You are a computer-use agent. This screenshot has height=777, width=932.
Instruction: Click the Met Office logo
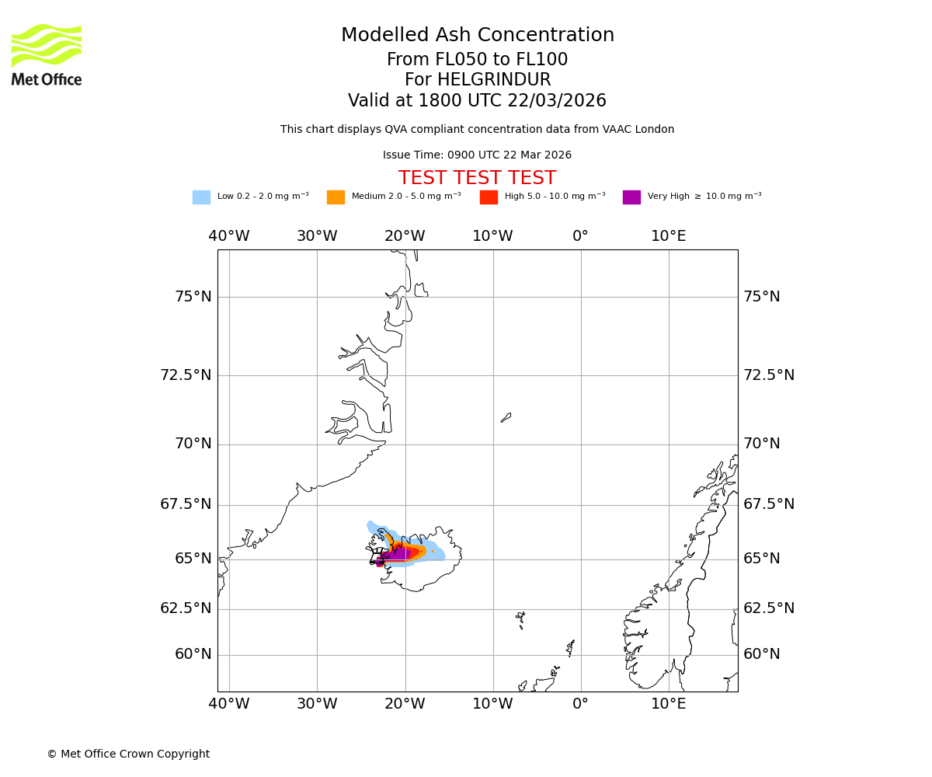47,54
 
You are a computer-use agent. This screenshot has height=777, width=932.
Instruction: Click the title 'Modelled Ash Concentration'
477,36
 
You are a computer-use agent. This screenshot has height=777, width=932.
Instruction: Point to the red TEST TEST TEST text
477,179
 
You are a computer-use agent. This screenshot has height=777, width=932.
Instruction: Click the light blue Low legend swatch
201,197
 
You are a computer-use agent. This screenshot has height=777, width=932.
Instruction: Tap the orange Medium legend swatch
336,197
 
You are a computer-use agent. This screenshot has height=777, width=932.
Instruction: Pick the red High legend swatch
489,197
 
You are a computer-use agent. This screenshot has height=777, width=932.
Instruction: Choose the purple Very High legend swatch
631,197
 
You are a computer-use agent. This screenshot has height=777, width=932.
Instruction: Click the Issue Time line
477,155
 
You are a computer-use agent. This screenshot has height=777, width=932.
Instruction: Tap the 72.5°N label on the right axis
769,375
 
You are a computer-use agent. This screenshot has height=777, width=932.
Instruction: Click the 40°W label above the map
229,236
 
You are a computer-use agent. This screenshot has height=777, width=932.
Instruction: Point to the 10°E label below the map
669,704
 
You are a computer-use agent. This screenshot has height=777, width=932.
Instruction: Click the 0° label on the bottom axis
580,704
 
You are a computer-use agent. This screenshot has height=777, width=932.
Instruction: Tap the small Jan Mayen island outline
506,417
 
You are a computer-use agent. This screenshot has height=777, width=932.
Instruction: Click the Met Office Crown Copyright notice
128,754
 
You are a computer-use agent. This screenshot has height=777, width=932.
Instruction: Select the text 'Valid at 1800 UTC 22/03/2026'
477,101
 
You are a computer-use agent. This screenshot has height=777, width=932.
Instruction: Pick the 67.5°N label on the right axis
769,504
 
